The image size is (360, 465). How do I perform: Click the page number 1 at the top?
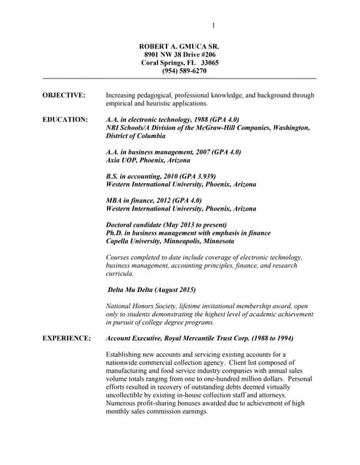(x=213, y=25)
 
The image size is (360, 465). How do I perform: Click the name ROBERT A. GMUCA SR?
(x=179, y=46)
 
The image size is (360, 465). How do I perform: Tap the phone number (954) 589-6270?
(x=179, y=70)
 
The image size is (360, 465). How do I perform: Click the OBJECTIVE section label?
(x=64, y=95)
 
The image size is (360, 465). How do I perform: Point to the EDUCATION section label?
(x=65, y=119)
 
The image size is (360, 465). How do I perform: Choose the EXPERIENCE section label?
(x=67, y=338)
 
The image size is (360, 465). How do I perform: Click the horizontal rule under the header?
(x=180, y=78)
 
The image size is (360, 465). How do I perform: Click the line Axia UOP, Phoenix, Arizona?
(x=148, y=160)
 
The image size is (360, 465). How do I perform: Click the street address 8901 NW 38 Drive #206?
(x=179, y=54)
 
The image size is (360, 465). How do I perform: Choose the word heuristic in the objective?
(x=157, y=103)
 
